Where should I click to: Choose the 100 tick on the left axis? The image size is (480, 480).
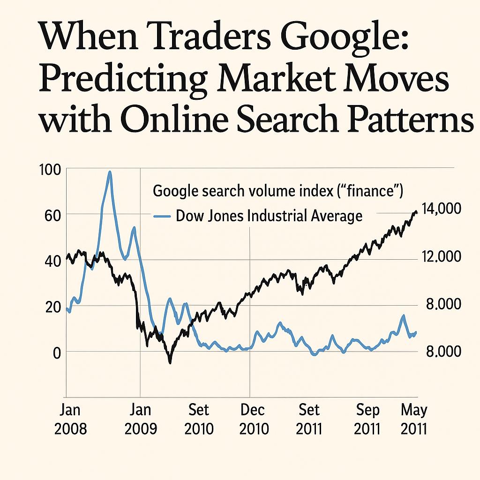click(x=51, y=169)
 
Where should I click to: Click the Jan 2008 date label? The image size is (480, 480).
click(x=71, y=419)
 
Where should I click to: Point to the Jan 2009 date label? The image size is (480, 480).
click(x=140, y=419)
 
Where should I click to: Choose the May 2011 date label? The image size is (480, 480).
click(x=414, y=419)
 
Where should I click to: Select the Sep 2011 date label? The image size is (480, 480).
click(x=367, y=419)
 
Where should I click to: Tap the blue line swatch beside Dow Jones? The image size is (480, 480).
click(x=162, y=217)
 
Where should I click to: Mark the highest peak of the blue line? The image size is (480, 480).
click(x=110, y=172)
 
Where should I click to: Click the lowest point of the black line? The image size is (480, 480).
click(x=170, y=362)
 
